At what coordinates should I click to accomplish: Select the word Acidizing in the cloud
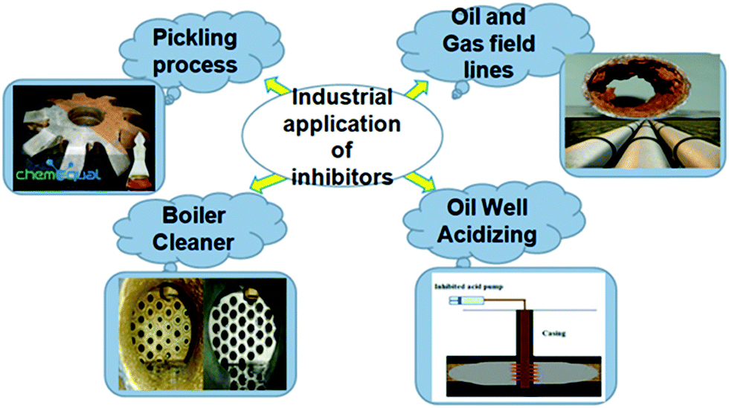pos(487,233)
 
